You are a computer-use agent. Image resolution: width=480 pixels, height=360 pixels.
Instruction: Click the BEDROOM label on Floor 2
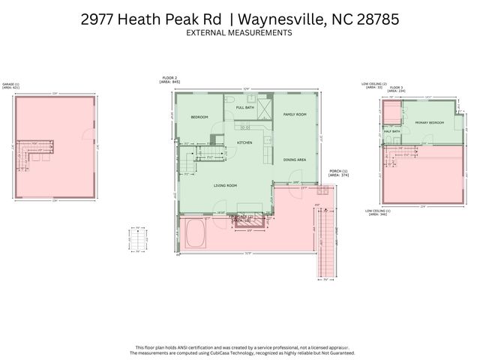(199, 117)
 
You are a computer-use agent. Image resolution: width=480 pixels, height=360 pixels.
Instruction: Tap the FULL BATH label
(245, 108)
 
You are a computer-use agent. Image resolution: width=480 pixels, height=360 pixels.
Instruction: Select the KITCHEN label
(244, 142)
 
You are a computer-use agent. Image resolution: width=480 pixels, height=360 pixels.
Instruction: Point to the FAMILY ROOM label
(295, 114)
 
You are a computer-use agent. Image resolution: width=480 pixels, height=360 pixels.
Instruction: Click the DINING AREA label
(294, 160)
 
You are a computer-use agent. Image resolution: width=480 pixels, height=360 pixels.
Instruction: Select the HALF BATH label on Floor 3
(391, 131)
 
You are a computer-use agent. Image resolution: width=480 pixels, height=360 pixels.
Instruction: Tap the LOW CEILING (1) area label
(376, 212)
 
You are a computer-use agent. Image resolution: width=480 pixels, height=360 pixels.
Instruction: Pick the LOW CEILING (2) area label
(374, 85)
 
